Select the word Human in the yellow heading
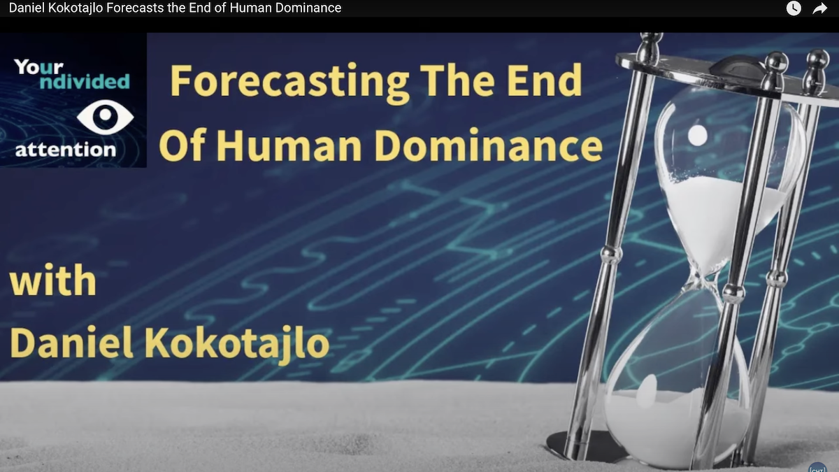tap(289, 145)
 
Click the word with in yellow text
tap(53, 280)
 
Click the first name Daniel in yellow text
tap(71, 342)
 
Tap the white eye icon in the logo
tap(106, 117)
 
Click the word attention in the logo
tap(66, 150)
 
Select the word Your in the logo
tap(39, 67)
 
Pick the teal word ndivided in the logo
tap(85, 82)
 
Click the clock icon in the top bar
tap(794, 8)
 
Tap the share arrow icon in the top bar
tap(819, 8)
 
